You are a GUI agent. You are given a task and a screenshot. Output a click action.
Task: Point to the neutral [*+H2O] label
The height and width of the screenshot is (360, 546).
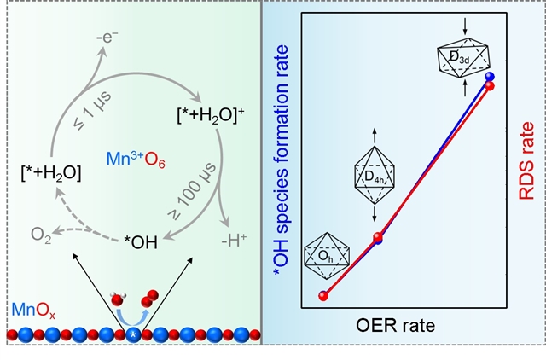pos(52,173)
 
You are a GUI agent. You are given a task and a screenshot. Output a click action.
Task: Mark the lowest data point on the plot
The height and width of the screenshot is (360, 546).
pos(323,295)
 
